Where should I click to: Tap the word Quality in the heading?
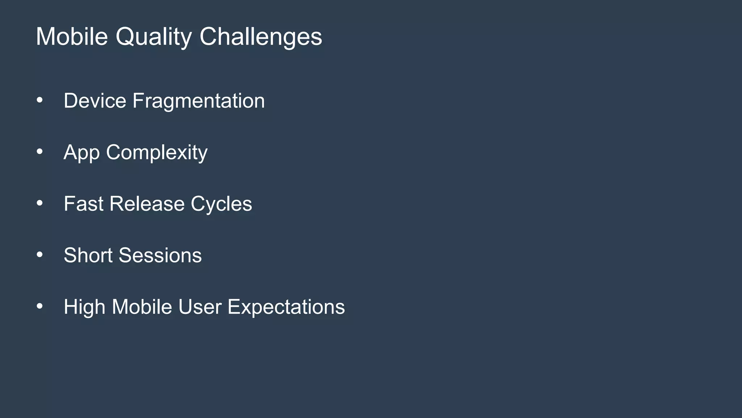click(154, 37)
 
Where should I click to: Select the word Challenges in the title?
click(260, 37)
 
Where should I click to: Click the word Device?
click(95, 101)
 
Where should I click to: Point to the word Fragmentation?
click(199, 101)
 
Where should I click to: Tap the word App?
click(82, 153)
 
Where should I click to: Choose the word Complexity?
click(157, 153)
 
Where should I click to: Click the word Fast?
click(83, 204)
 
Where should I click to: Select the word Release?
click(147, 204)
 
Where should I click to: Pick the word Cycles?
click(221, 204)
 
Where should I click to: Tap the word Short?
click(88, 255)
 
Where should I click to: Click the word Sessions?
click(160, 255)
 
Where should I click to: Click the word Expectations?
click(286, 307)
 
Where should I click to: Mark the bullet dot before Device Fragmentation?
click(39, 100)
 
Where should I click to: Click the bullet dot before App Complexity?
click(39, 152)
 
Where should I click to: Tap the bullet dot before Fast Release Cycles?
click(39, 203)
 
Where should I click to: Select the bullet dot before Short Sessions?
click(39, 255)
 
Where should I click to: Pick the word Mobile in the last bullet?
click(142, 307)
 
